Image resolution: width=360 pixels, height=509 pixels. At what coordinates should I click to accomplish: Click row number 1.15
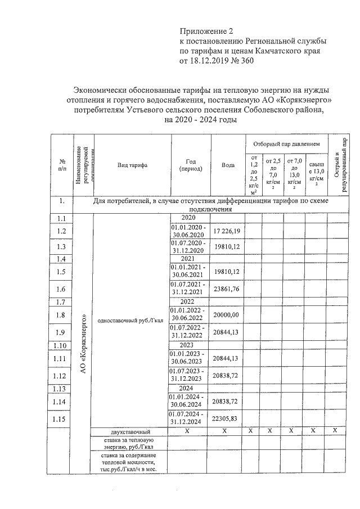[x=62, y=419]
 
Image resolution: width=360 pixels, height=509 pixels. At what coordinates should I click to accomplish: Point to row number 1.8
[x=62, y=316]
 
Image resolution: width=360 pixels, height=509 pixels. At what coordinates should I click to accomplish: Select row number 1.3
[x=62, y=246]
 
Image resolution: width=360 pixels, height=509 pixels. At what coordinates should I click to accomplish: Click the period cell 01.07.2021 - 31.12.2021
[x=188, y=289]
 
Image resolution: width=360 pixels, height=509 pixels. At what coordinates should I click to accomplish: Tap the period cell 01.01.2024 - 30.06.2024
[x=188, y=402]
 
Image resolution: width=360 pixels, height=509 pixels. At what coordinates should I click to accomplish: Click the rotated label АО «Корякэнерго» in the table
[x=83, y=343]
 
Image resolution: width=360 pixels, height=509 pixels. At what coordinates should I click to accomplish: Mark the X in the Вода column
[x=224, y=431]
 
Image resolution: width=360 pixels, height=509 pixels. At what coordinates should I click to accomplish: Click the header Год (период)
[x=188, y=165]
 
